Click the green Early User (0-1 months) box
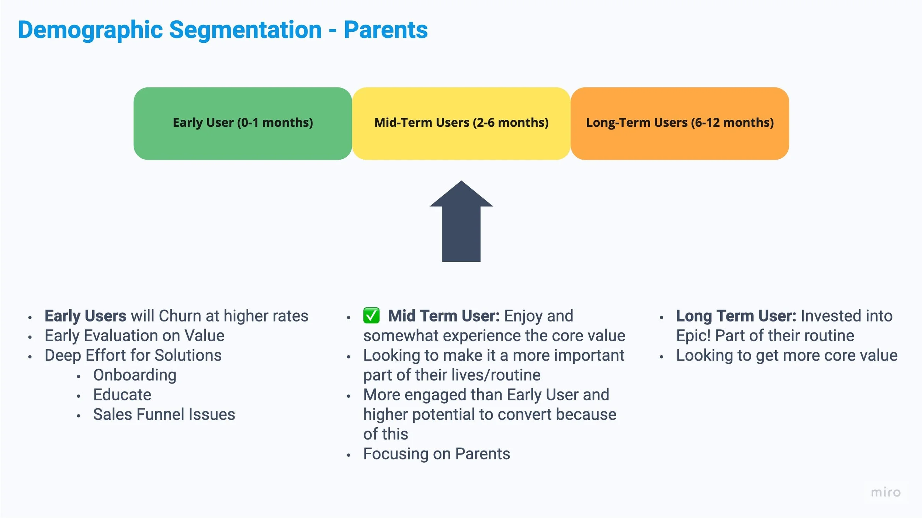point(243,124)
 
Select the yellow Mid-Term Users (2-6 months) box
point(461,124)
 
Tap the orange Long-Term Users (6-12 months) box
point(680,124)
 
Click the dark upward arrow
point(461,221)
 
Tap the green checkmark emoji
point(371,316)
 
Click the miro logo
point(886,492)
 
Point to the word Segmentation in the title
point(246,30)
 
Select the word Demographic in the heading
point(90,30)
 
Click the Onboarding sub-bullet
point(135,375)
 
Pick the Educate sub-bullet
point(122,395)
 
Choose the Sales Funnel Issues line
point(164,414)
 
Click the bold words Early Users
point(86,316)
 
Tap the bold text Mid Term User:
point(444,316)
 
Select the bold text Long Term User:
point(736,316)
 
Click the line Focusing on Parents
point(437,454)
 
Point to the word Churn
point(180,316)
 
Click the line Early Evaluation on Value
point(135,336)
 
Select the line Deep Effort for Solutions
point(133,355)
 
